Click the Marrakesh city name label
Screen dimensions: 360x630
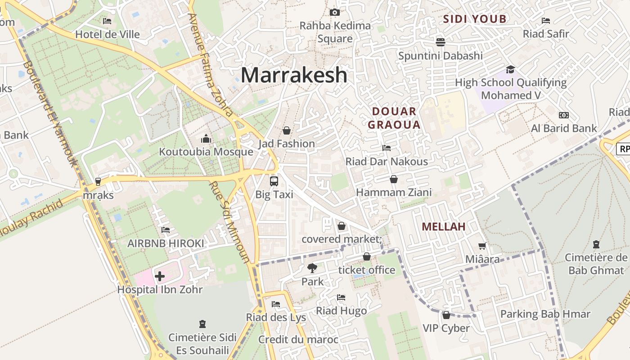tap(294, 75)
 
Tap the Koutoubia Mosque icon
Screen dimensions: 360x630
tap(206, 138)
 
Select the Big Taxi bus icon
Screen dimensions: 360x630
tap(274, 181)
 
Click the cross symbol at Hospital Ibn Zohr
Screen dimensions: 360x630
tap(160, 276)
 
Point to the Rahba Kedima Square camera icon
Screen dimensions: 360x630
tap(334, 12)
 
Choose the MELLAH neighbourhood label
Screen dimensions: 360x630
tap(444, 227)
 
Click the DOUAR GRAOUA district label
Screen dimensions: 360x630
tap(394, 118)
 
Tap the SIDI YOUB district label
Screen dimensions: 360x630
tap(475, 19)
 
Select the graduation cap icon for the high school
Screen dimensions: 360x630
tap(510, 69)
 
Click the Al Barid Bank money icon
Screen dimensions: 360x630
tap(563, 115)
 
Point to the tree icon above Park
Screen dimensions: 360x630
tap(312, 268)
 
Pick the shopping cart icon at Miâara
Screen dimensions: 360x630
tap(482, 246)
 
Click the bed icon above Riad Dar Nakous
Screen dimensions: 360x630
tap(386, 148)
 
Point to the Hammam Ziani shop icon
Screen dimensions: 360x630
tap(394, 179)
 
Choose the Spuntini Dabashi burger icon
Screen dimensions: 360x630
tap(440, 42)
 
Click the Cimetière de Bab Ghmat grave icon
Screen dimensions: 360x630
tap(596, 244)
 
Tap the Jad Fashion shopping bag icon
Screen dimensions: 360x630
tap(287, 130)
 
